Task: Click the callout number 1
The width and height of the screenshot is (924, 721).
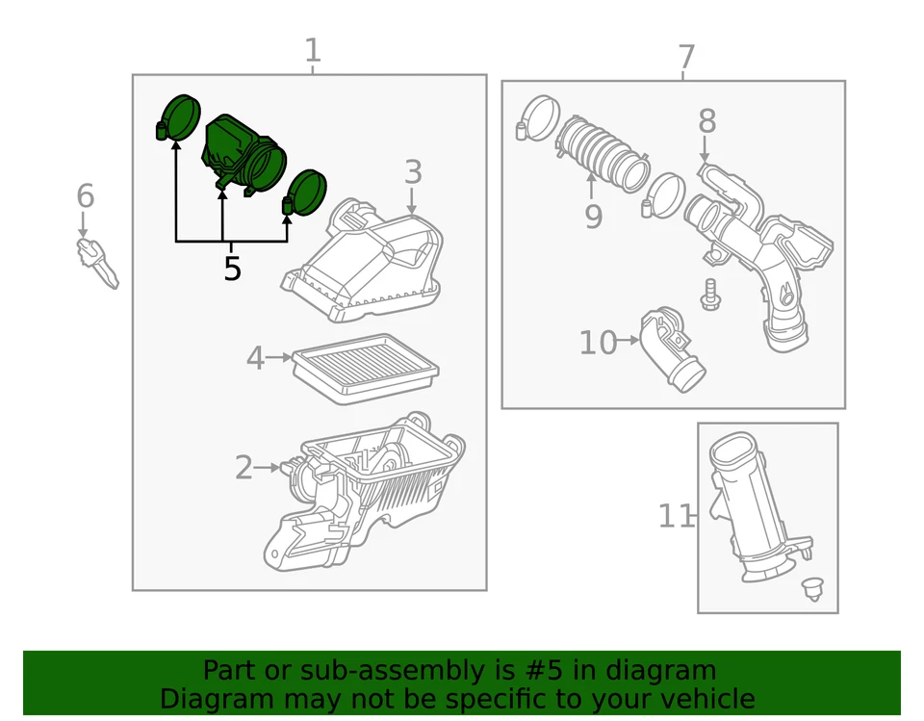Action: click(x=312, y=50)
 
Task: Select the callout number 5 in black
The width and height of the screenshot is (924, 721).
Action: click(x=232, y=269)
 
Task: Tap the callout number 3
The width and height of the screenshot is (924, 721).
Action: click(x=413, y=173)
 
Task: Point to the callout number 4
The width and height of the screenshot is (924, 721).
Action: click(x=255, y=358)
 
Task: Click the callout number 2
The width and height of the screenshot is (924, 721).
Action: click(x=244, y=469)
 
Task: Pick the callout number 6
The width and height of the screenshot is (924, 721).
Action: click(x=86, y=196)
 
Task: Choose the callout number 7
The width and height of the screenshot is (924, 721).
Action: click(x=685, y=58)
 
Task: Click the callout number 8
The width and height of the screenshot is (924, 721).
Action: click(x=707, y=121)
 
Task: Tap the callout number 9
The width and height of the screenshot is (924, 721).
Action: click(x=593, y=217)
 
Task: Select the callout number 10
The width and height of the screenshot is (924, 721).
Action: click(x=598, y=342)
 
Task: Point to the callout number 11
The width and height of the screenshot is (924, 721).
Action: click(x=675, y=516)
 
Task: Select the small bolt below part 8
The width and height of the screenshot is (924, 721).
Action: click(x=709, y=294)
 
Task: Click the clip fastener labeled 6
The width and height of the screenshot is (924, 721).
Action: click(x=97, y=262)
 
